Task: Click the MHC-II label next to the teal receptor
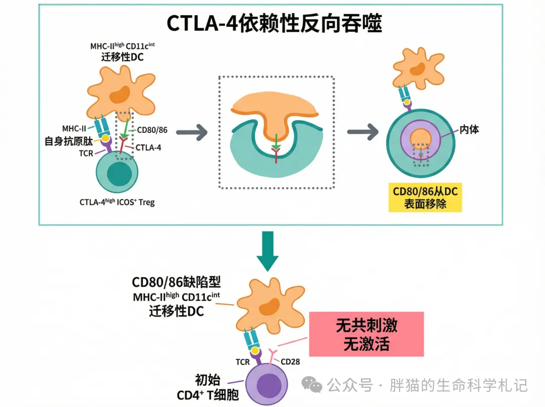click(x=74, y=128)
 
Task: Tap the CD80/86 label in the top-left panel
click(x=152, y=130)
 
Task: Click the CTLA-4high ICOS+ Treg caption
click(x=117, y=202)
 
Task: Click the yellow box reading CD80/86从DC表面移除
click(x=425, y=198)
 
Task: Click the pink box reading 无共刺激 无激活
click(x=366, y=334)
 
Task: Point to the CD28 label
click(x=291, y=362)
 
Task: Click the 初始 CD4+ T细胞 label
click(x=207, y=387)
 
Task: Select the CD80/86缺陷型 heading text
click(x=176, y=282)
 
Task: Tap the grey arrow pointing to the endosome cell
click(x=363, y=133)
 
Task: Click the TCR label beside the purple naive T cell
click(x=242, y=362)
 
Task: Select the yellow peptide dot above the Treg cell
click(x=105, y=137)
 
